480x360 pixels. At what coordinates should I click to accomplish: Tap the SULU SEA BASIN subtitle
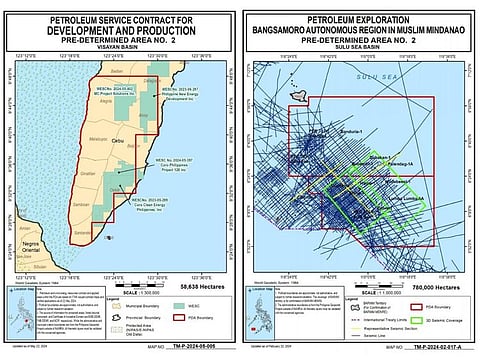pos(358,45)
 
